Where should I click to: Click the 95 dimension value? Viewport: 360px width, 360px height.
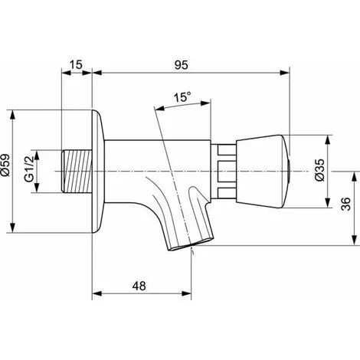(181, 65)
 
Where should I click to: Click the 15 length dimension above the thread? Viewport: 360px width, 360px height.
(76, 64)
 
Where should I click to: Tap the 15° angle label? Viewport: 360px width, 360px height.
(182, 97)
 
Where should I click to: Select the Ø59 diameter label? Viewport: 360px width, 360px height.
(5, 165)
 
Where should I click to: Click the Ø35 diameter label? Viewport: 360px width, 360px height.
(320, 170)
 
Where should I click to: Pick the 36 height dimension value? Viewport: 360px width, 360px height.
(346, 204)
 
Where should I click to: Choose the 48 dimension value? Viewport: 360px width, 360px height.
(139, 286)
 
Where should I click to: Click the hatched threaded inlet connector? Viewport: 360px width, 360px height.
(77, 171)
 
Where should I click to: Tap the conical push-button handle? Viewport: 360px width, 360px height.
(263, 172)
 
